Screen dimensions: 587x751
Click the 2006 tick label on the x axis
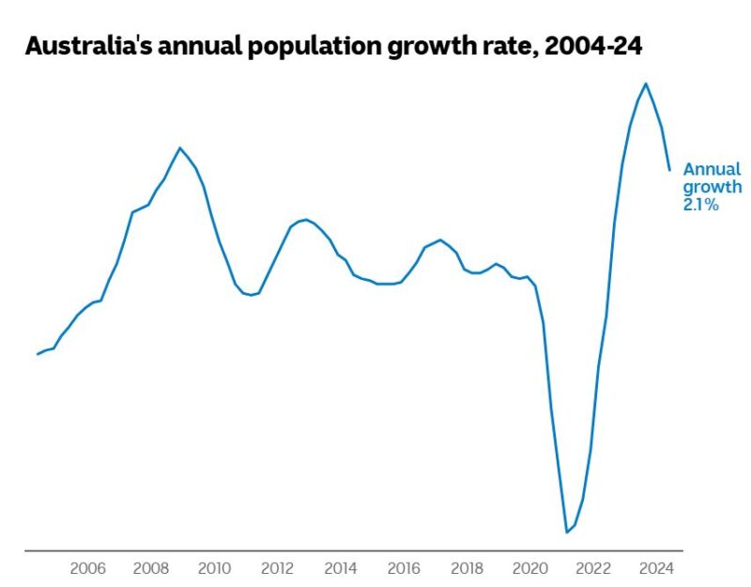tap(87, 568)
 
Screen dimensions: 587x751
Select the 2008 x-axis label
tap(150, 568)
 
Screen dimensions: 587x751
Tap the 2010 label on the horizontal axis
tap(214, 568)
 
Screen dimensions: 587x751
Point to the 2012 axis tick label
tap(277, 568)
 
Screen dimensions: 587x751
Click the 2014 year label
tap(341, 568)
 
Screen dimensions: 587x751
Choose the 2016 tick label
tap(404, 568)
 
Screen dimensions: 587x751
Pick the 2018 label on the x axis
tap(467, 568)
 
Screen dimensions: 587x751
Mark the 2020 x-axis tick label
tap(530, 568)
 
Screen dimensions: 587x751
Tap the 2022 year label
tap(593, 568)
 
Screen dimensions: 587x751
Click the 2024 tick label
tap(657, 568)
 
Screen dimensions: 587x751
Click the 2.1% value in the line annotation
tap(700, 205)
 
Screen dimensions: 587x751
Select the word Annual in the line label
tap(712, 170)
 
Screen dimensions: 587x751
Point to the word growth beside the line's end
tap(712, 188)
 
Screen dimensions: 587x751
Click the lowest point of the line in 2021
tap(567, 533)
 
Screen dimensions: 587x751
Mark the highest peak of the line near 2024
tap(645, 84)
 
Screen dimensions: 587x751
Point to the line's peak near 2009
tap(179, 147)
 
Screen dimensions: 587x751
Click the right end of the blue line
tap(669, 170)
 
